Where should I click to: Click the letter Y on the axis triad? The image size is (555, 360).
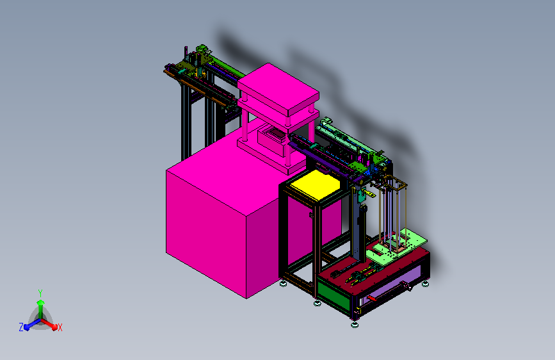(x=40, y=293)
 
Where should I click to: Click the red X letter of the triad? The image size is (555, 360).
(x=60, y=327)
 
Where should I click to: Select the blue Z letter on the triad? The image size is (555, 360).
(x=21, y=327)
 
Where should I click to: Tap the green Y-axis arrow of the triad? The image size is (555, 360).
(x=41, y=309)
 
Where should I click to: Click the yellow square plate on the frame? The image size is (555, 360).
(x=315, y=185)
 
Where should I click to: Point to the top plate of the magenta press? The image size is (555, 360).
(x=278, y=89)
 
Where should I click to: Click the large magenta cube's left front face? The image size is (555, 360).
(x=206, y=234)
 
